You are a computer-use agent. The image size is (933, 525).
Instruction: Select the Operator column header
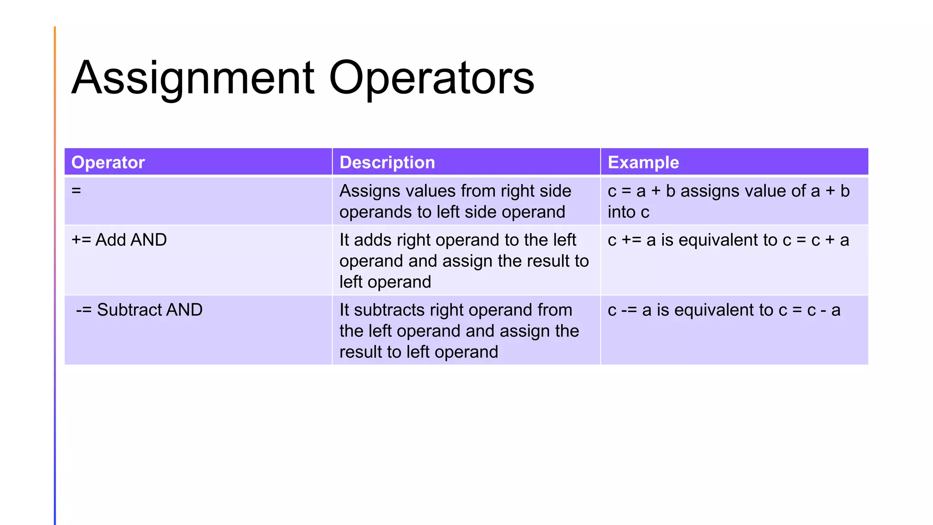click(108, 162)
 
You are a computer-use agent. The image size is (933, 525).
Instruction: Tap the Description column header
click(387, 162)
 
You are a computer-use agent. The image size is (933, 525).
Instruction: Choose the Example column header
click(643, 162)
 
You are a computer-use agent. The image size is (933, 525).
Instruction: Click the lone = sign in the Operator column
click(76, 190)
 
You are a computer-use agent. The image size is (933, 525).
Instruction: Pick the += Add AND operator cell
click(119, 240)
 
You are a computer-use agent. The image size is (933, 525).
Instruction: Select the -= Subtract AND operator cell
click(139, 310)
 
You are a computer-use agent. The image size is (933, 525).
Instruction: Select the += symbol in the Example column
click(631, 240)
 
